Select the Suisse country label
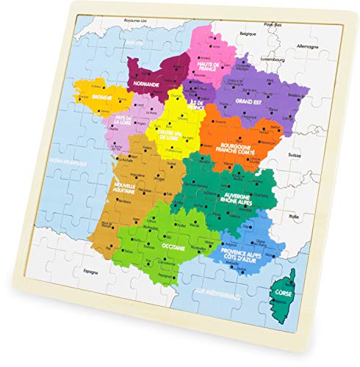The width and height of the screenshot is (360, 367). click(316, 156)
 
